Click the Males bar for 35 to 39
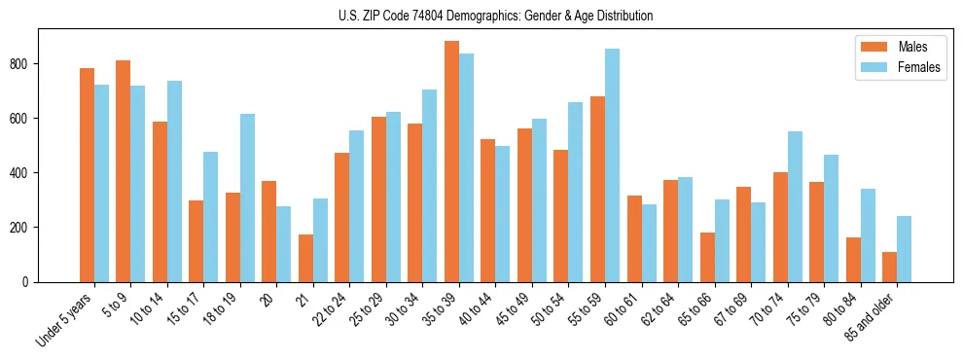point(451,162)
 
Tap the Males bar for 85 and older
point(889,267)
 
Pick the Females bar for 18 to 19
point(247,198)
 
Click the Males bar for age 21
point(305,258)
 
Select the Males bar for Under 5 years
point(87,175)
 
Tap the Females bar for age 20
point(284,244)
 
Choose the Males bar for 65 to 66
point(707,257)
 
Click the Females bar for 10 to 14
point(174,181)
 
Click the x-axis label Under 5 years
point(64,320)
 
